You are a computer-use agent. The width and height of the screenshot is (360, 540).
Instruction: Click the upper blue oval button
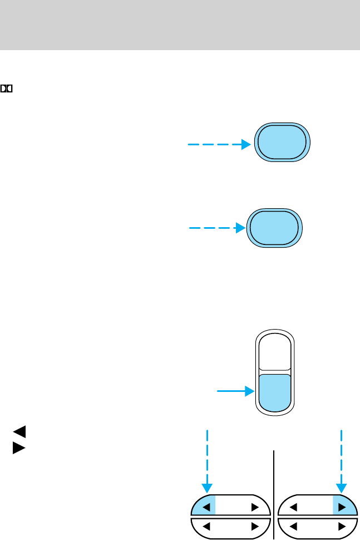[282, 142]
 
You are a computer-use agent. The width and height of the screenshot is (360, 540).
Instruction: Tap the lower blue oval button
[274, 228]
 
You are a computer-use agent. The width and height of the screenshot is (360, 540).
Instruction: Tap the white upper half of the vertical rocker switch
[274, 353]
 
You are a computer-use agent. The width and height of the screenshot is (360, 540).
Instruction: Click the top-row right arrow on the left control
[254, 507]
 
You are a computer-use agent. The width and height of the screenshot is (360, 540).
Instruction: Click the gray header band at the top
[180, 25]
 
